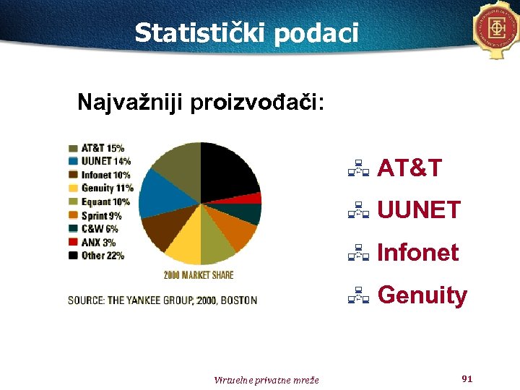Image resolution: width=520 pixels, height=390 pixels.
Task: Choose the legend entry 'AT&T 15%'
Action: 102,149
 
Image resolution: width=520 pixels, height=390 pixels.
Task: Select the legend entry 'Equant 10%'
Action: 105,202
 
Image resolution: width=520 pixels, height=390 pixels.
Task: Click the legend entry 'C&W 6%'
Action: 99,229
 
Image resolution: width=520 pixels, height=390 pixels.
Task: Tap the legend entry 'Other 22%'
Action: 102,256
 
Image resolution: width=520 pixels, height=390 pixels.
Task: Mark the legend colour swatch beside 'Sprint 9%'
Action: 74,216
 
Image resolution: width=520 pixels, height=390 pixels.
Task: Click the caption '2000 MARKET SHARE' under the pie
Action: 199,275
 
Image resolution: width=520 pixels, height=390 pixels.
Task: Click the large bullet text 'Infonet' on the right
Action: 417,253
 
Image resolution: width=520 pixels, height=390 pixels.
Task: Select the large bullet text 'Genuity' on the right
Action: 422,295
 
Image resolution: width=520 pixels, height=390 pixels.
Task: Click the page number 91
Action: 467,378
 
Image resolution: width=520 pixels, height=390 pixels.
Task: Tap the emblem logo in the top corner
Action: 497,28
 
